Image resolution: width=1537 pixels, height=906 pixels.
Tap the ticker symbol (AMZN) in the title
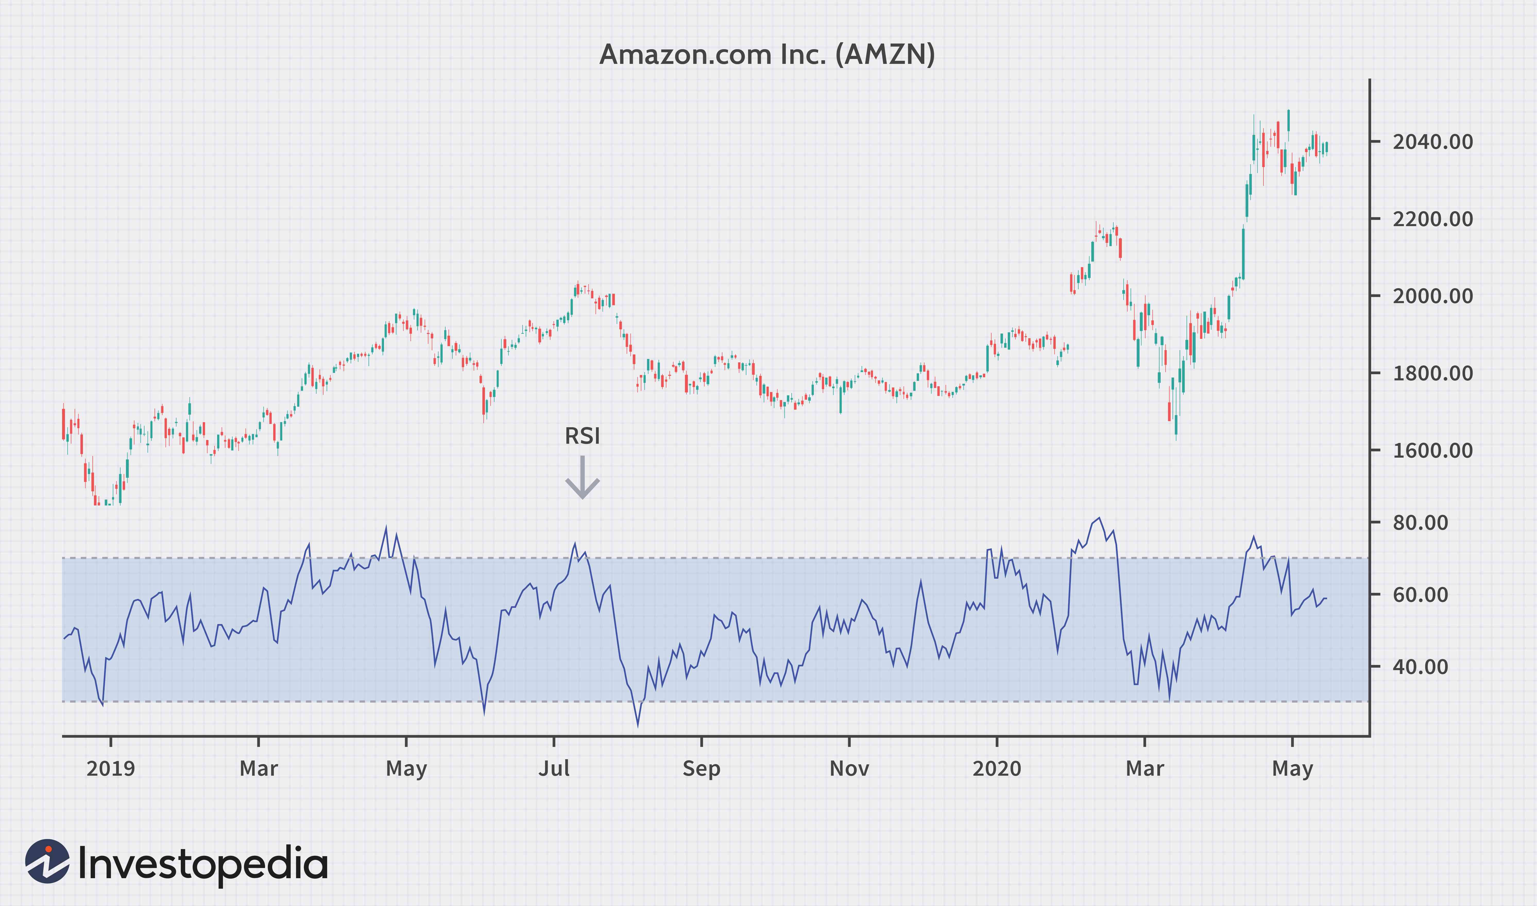[885, 55]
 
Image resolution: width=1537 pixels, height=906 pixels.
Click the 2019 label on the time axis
[110, 768]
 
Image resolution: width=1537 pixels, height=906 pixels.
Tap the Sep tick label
[701, 768]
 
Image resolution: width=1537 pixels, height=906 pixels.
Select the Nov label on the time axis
[849, 768]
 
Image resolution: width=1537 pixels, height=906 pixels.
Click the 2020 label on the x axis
[997, 768]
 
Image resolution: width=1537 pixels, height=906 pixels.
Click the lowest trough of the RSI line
[638, 725]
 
